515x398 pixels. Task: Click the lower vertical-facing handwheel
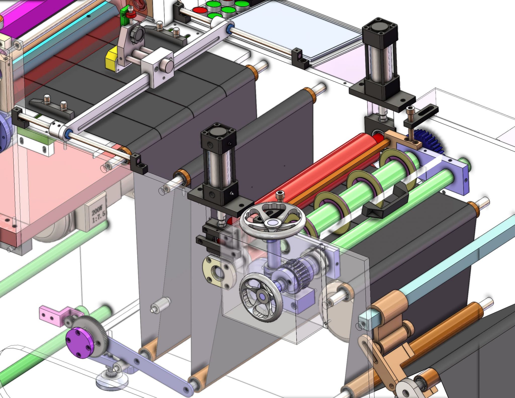pyautogui.click(x=261, y=297)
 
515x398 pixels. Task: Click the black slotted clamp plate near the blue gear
pyautogui.click(x=425, y=113)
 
